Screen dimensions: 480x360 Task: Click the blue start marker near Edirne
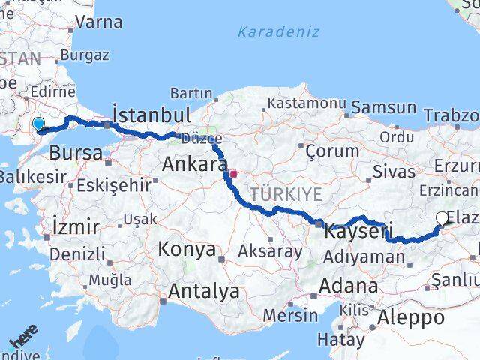pos(38,124)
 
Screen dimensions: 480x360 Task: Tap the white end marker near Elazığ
pos(442,219)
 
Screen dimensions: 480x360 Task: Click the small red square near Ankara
pos(233,174)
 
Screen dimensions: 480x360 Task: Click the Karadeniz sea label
pos(278,31)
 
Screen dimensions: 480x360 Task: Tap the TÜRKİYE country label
pos(286,194)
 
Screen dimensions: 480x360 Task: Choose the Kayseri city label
pos(358,232)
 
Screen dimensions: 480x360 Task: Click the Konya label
pos(186,249)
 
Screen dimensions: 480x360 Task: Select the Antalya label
pos(204,291)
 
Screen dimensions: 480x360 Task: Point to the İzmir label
pos(76,226)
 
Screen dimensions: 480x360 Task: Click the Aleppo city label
pos(412,317)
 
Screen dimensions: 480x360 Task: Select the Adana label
pos(348,286)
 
